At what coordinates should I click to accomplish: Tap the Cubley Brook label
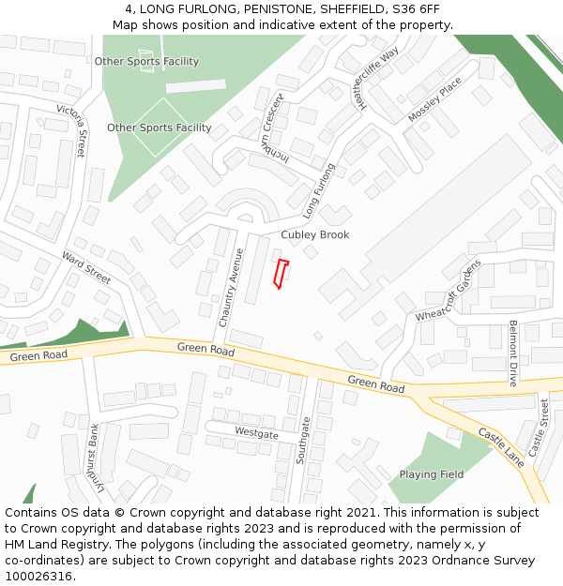(314, 234)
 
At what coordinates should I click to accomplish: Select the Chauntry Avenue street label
(231, 287)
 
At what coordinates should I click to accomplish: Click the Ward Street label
(86, 268)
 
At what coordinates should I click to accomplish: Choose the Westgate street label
(256, 433)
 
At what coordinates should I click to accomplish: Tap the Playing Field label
(432, 474)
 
